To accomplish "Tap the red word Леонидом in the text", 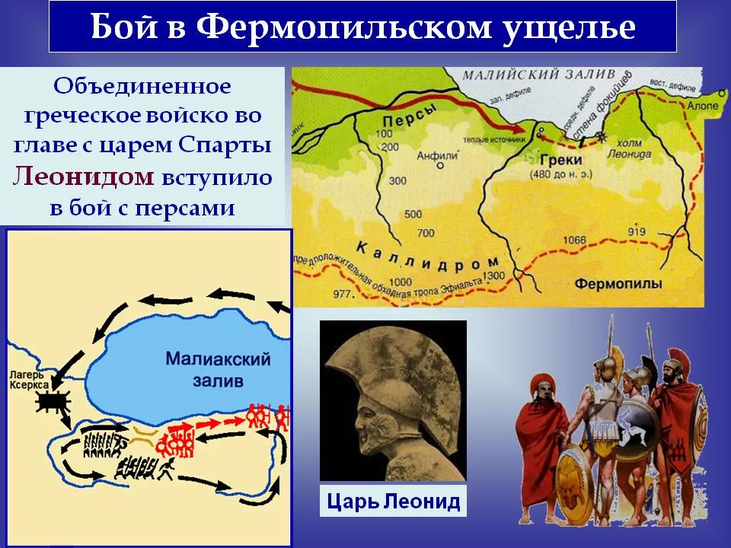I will coord(85,177).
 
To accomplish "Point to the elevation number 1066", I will coord(577,241).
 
